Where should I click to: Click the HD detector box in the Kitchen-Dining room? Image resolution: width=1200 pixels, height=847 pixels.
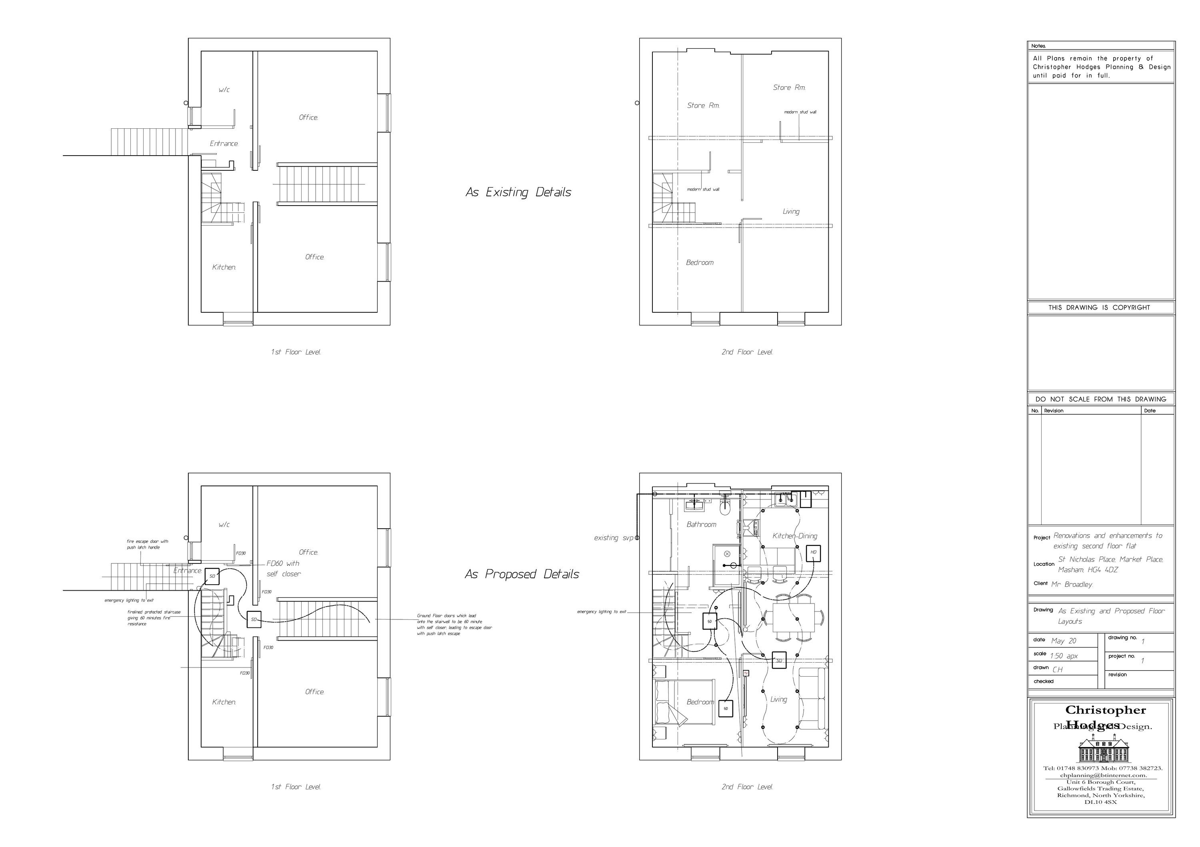813,552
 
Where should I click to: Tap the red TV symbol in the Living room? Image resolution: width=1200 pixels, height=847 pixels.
746,673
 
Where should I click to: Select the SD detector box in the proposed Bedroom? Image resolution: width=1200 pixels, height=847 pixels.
726,709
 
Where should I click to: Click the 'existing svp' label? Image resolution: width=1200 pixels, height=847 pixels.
613,537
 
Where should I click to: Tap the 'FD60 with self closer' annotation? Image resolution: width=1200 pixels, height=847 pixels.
283,569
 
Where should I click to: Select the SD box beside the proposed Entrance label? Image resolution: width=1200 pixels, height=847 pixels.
212,576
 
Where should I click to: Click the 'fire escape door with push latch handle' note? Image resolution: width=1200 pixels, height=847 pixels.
147,544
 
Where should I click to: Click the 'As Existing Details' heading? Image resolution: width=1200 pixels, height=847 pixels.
518,192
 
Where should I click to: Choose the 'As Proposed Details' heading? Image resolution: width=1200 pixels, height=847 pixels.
522,574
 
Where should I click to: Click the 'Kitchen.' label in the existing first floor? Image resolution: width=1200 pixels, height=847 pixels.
224,268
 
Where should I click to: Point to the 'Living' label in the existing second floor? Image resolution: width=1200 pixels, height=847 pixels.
791,212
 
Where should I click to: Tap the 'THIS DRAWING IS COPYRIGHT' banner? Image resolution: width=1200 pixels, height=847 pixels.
1099,308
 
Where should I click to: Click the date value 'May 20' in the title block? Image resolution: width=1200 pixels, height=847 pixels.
1064,641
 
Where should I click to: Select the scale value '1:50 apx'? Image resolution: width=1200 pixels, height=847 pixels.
1064,656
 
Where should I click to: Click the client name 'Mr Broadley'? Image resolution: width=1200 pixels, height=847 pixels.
1072,585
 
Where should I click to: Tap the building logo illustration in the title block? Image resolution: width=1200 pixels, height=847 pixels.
1101,748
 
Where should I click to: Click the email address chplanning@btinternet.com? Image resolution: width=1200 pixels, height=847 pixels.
1101,790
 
